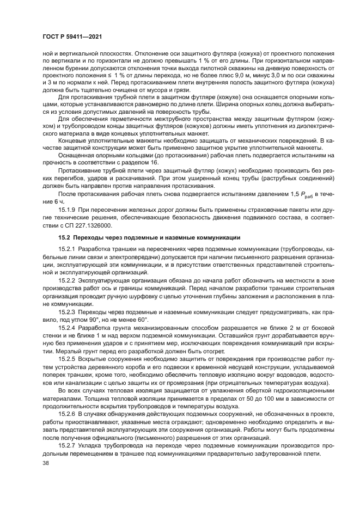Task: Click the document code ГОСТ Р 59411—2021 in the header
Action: [x=70, y=36]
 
